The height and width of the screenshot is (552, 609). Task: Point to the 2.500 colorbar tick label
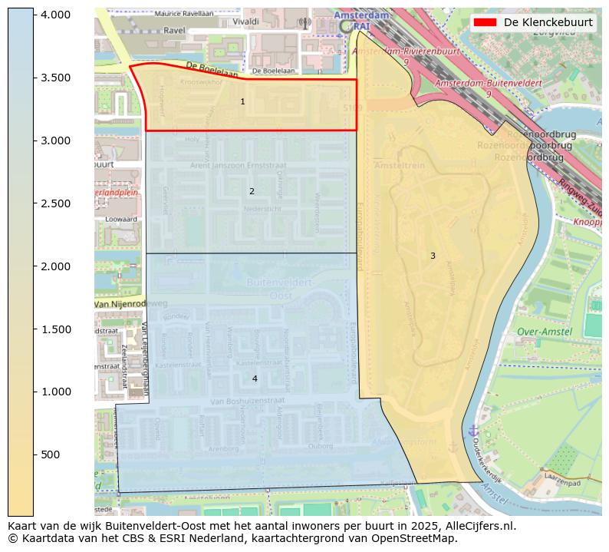pos(54,203)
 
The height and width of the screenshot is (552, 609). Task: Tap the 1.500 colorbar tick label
pos(54,329)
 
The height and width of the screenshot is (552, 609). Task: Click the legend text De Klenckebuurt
pos(548,22)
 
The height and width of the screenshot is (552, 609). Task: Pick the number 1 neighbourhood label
pos(242,101)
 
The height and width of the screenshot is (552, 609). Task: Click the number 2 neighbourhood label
pos(251,191)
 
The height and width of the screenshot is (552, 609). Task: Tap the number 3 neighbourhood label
pos(432,256)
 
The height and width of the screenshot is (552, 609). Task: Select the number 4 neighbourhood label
pos(255,378)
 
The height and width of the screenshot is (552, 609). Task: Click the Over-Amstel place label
pos(544,332)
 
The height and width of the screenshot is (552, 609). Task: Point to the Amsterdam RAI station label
pos(363,21)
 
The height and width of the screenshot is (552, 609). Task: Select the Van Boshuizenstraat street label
pos(247,401)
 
